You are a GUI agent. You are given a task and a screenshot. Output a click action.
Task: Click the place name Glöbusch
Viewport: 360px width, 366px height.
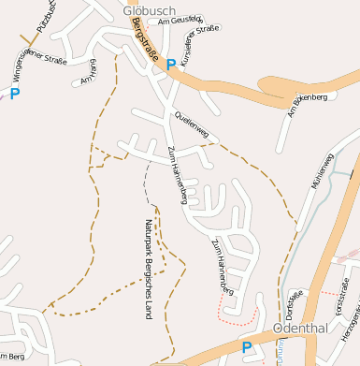tap(144, 10)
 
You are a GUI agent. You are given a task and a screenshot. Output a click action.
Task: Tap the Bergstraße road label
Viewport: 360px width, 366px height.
tap(145, 42)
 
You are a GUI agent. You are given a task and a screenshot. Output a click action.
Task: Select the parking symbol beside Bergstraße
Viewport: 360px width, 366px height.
tap(170, 65)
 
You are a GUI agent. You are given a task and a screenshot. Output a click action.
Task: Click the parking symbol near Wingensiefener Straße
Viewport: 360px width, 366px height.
tap(14, 94)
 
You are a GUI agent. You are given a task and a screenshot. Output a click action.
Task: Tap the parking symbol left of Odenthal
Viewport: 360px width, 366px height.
tap(247, 347)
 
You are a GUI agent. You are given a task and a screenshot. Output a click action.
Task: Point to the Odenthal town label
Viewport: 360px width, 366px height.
tap(301, 330)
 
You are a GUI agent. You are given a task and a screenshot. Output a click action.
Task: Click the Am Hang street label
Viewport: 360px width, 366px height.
tap(90, 73)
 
